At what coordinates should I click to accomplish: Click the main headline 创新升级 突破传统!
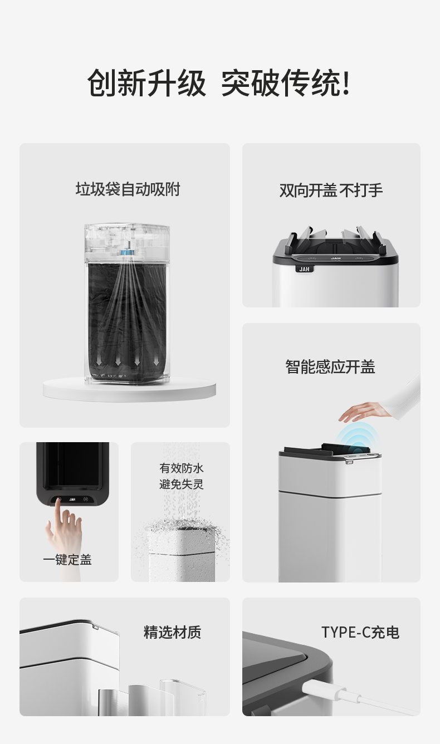click(219, 83)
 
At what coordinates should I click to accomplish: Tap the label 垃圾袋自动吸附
click(128, 190)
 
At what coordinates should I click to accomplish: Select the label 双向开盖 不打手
click(331, 190)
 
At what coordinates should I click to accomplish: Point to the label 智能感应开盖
click(330, 367)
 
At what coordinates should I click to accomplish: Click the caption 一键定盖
click(67, 560)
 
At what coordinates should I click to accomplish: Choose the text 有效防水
click(182, 468)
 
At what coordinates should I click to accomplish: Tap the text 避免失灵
click(182, 484)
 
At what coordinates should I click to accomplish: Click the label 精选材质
click(172, 633)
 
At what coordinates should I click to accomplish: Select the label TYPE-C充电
click(360, 633)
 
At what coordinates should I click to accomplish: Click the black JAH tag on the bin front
click(304, 269)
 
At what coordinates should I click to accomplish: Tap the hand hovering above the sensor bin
click(364, 411)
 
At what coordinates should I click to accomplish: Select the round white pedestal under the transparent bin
click(130, 389)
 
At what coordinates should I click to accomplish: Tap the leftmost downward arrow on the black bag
click(99, 361)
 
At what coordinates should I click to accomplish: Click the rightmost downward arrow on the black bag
click(156, 361)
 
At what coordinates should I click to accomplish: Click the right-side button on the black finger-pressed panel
click(86, 499)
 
